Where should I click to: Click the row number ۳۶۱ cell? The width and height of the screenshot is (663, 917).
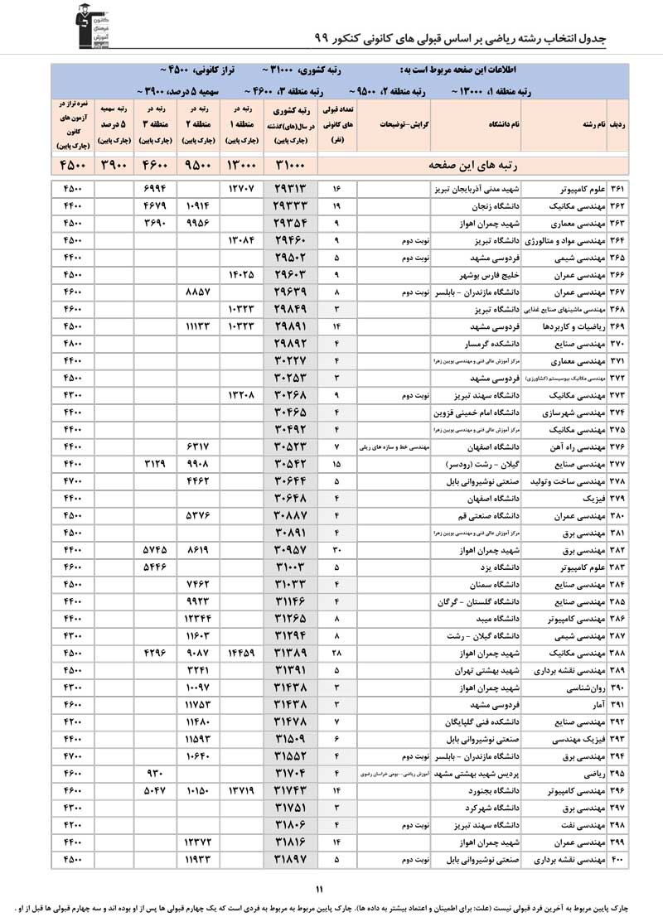[x=618, y=189]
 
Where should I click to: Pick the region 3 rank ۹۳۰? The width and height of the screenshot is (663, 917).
[x=157, y=774]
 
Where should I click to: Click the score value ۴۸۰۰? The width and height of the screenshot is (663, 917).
[x=72, y=341]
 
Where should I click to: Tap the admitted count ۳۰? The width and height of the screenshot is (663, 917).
[x=336, y=550]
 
